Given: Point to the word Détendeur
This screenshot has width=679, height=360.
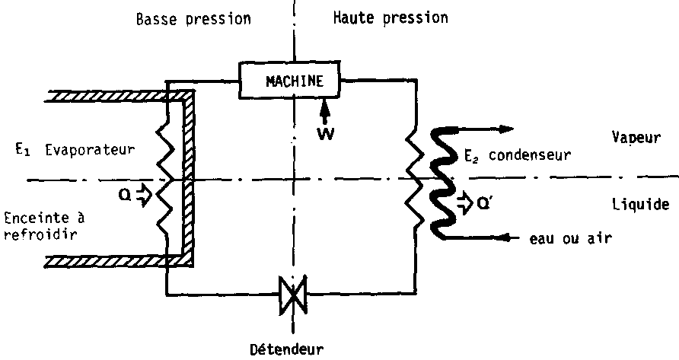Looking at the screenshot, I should point(286,349).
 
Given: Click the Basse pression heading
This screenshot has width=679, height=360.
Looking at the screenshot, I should point(193,18).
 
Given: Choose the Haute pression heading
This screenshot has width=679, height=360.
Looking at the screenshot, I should point(391,18).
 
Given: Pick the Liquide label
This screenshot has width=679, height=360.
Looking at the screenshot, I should point(641,205).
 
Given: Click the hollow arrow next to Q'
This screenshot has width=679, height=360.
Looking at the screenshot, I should point(461,202).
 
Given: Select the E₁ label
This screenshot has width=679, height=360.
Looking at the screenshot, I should point(15,151).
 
